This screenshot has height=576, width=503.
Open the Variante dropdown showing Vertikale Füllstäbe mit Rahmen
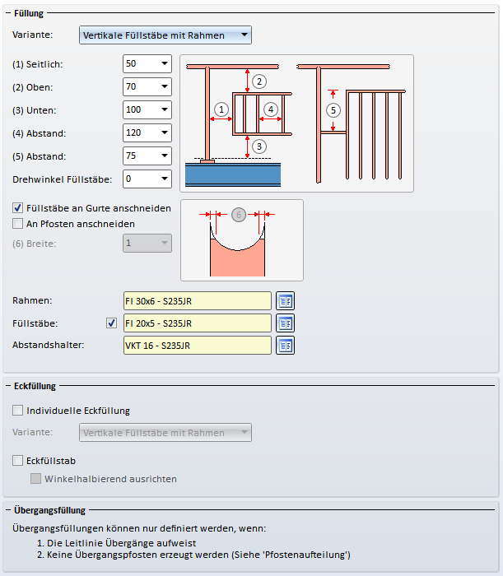(165, 35)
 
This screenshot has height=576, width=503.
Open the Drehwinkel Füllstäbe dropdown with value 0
(147, 179)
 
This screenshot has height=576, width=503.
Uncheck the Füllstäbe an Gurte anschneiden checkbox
(18, 208)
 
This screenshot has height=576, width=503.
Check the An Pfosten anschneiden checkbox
(18, 223)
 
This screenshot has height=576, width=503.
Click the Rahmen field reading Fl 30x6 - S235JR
(196, 302)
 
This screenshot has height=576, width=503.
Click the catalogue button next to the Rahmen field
(285, 302)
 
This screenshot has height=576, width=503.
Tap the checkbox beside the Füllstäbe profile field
(112, 323)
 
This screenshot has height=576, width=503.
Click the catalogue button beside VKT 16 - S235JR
(285, 345)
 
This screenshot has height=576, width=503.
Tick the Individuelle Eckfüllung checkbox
(18, 411)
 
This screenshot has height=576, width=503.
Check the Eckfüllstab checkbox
(18, 461)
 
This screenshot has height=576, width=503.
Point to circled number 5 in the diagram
(333, 109)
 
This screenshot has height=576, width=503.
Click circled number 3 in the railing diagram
(259, 146)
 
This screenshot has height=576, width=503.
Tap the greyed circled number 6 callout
(238, 215)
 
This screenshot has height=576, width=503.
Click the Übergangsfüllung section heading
(50, 510)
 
